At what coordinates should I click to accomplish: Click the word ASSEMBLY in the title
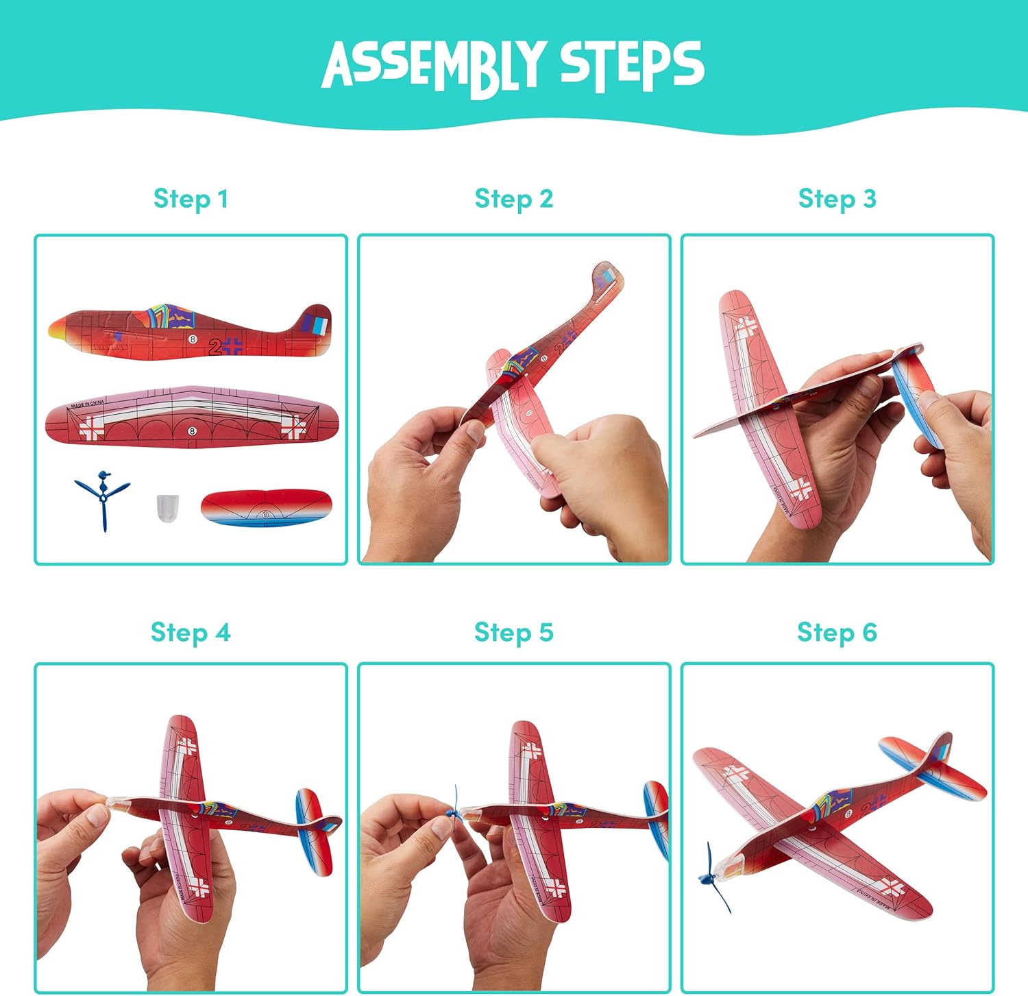click(x=435, y=66)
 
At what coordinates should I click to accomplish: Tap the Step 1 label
click(x=191, y=199)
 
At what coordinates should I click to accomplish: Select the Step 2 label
click(x=514, y=199)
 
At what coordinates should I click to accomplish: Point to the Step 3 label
click(x=837, y=199)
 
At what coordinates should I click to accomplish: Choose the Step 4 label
click(x=191, y=633)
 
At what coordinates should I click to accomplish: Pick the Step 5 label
click(x=514, y=633)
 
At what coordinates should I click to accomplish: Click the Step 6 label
click(x=837, y=633)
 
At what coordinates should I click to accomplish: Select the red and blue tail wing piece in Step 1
click(x=267, y=507)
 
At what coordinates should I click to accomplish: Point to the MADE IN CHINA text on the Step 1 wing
click(x=87, y=404)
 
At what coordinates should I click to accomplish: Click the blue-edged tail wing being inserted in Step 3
click(x=914, y=394)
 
